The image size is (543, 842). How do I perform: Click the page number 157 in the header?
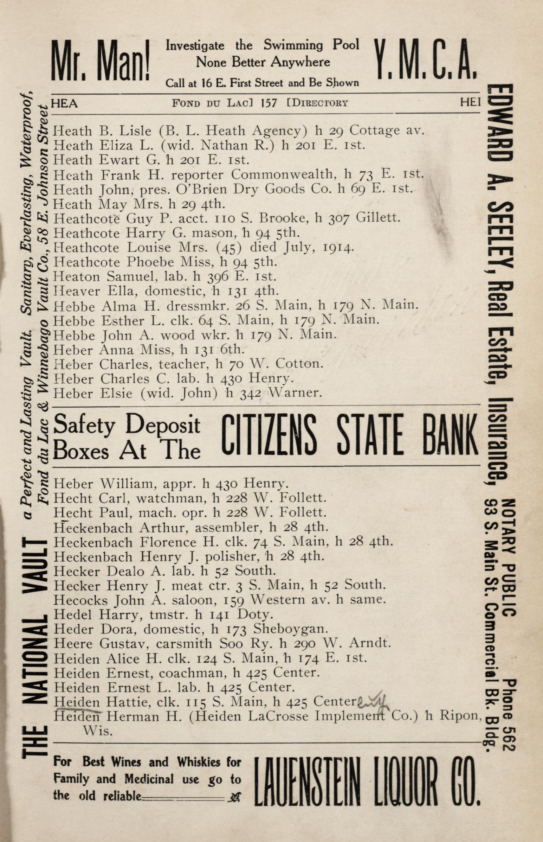pyautogui.click(x=269, y=103)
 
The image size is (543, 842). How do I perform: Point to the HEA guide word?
pyautogui.click(x=65, y=103)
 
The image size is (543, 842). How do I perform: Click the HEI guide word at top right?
pyautogui.click(x=470, y=102)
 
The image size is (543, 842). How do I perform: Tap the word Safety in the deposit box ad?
pyautogui.click(x=84, y=426)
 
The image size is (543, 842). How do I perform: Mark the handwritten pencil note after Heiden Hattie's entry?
pyautogui.click(x=372, y=701)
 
